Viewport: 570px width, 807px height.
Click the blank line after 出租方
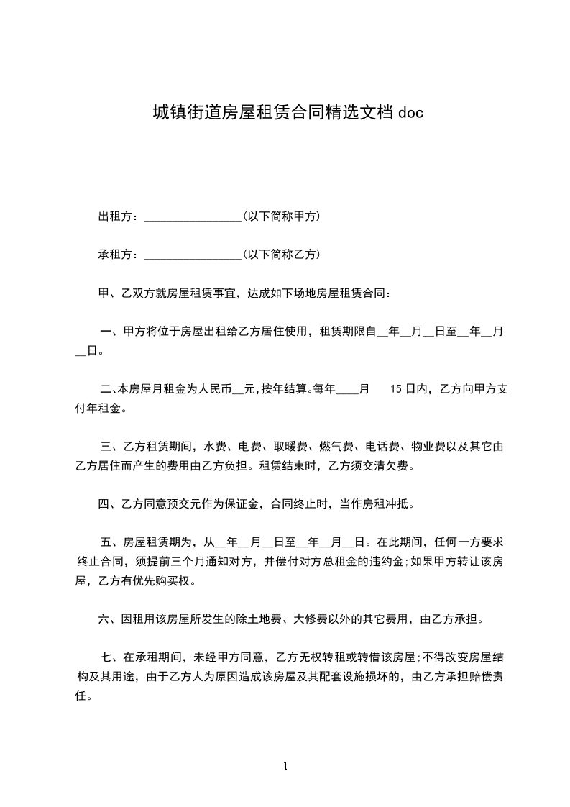[x=193, y=216]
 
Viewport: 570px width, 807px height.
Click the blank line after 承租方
[x=193, y=255]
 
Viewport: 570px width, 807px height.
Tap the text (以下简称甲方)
[x=281, y=216]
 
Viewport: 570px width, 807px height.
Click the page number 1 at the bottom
[x=285, y=766]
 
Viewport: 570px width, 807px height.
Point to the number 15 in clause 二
[x=396, y=389]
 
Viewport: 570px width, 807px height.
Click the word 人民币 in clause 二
[x=214, y=389]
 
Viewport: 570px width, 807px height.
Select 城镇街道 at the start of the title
[x=176, y=112]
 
